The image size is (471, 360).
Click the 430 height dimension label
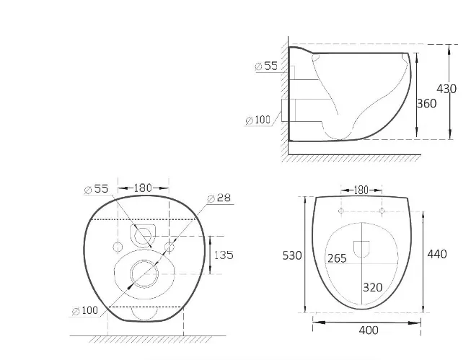446,89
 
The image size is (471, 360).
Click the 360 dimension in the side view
426,104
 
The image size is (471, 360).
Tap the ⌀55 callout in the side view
266,66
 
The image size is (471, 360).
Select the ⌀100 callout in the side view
258,120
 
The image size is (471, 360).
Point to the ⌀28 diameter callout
219,198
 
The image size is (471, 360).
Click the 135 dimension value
224,255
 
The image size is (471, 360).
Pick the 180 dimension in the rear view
143,188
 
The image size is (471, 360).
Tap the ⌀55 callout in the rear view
96,189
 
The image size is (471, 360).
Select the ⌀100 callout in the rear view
85,310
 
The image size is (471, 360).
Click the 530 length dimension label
292,255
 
